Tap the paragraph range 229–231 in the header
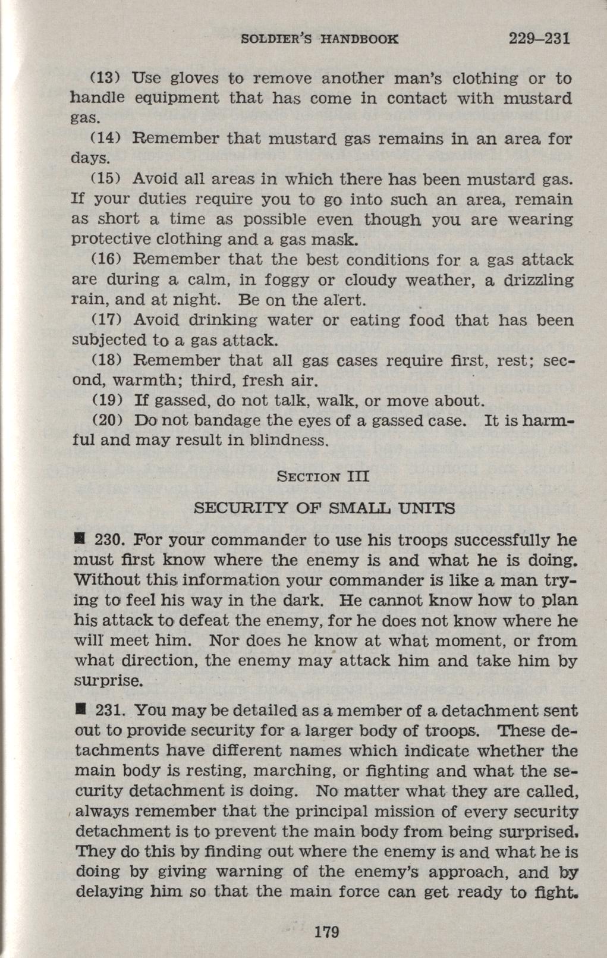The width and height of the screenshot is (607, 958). tap(540, 39)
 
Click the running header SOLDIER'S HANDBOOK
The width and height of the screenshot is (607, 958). tap(319, 40)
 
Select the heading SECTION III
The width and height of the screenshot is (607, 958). tap(324, 476)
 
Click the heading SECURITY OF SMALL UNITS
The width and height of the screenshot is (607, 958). tap(325, 508)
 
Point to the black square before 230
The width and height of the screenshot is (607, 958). tap(78, 540)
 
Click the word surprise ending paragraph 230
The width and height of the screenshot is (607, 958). tap(108, 681)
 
